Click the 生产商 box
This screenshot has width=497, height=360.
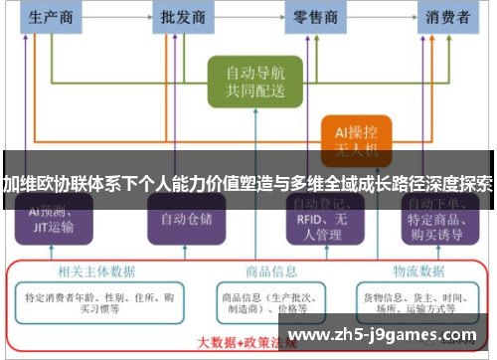(52, 17)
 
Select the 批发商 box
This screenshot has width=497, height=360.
(183, 17)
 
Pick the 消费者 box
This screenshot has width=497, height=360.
(448, 17)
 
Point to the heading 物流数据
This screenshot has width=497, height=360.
(417, 270)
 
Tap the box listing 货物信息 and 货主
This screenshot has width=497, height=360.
(417, 300)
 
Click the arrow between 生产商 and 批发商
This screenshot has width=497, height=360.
(117, 17)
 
